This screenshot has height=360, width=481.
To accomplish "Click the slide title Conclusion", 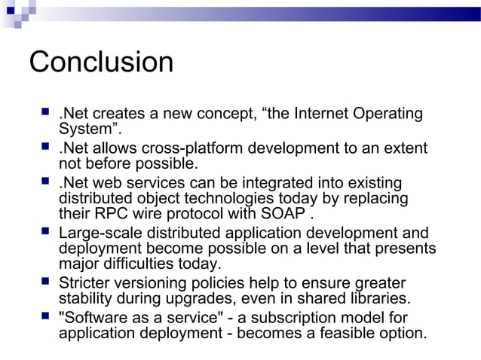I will coord(101,63).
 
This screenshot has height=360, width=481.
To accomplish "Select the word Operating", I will coord(390,114).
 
